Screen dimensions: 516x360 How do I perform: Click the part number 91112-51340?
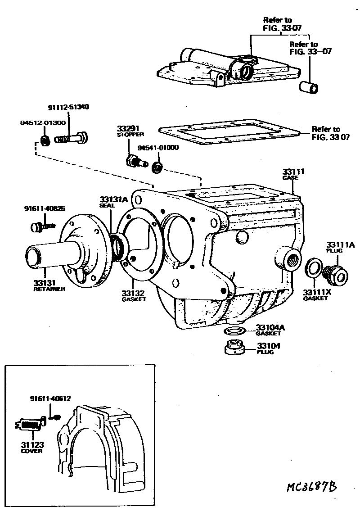click(68, 107)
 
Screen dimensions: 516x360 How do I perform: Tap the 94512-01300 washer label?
click(43, 122)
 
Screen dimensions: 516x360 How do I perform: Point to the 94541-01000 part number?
click(157, 148)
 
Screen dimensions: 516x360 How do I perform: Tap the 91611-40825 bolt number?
click(44, 208)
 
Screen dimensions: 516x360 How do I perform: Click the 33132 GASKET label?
click(133, 296)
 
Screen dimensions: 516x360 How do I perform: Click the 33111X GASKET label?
click(315, 295)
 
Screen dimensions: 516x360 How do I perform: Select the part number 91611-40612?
click(50, 398)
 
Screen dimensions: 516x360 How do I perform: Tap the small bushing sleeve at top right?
click(310, 86)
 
